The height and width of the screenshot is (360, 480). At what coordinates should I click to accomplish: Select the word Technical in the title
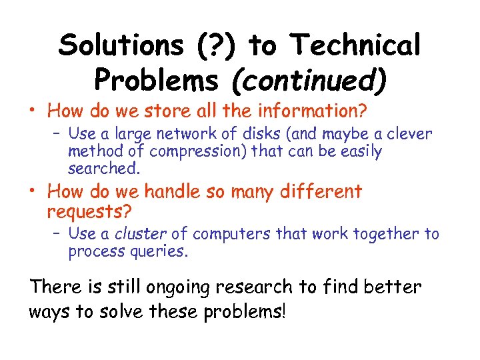pyautogui.click(x=355, y=45)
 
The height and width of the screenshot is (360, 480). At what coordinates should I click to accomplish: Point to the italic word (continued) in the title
pyautogui.click(x=308, y=80)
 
